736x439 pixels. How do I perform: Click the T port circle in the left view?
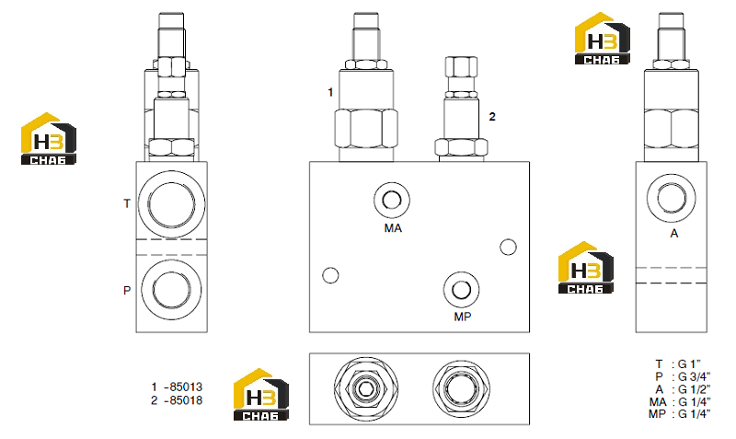(171, 205)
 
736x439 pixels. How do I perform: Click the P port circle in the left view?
(171, 289)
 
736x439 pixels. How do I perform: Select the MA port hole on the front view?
(392, 201)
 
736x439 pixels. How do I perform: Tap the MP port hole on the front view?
(461, 290)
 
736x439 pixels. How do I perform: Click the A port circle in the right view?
(672, 197)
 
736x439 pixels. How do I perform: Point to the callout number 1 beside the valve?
(330, 93)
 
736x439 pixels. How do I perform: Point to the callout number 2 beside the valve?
(492, 117)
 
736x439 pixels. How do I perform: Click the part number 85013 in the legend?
(186, 387)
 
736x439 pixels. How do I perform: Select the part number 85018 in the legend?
(186, 400)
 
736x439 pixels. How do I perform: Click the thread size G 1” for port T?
(690, 364)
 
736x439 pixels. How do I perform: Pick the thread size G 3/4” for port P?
(695, 377)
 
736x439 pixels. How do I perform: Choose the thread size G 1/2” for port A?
(695, 389)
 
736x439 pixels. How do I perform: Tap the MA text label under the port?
(393, 228)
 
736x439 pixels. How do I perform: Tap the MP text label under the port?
(463, 317)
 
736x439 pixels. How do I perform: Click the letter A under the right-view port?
(674, 234)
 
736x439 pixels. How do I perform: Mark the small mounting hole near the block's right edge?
(508, 247)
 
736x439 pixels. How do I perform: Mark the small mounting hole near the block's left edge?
(330, 275)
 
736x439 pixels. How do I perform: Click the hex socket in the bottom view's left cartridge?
(365, 388)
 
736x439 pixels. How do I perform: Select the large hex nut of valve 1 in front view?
(366, 128)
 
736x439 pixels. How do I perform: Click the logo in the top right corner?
(603, 39)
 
